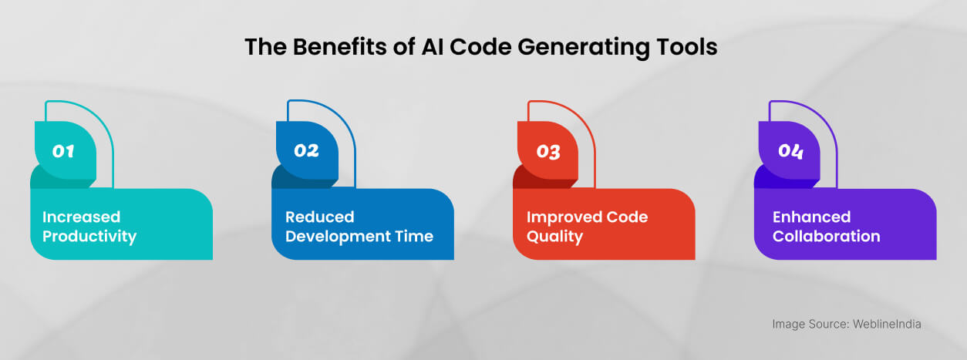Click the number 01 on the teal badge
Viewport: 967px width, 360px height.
63,151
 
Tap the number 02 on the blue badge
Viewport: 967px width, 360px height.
306,150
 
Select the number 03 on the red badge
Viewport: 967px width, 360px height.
548,152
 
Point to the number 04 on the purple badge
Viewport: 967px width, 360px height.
790,151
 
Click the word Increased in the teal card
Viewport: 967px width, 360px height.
81,217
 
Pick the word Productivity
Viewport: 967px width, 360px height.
89,237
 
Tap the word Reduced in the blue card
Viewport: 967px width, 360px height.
319,217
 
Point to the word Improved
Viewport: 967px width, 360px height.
564,217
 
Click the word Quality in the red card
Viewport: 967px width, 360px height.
554,237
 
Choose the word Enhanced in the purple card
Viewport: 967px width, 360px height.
811,217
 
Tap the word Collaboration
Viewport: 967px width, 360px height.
826,236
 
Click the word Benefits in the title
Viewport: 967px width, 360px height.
340,46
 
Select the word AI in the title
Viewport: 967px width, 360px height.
433,46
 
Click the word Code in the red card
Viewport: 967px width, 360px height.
628,217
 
